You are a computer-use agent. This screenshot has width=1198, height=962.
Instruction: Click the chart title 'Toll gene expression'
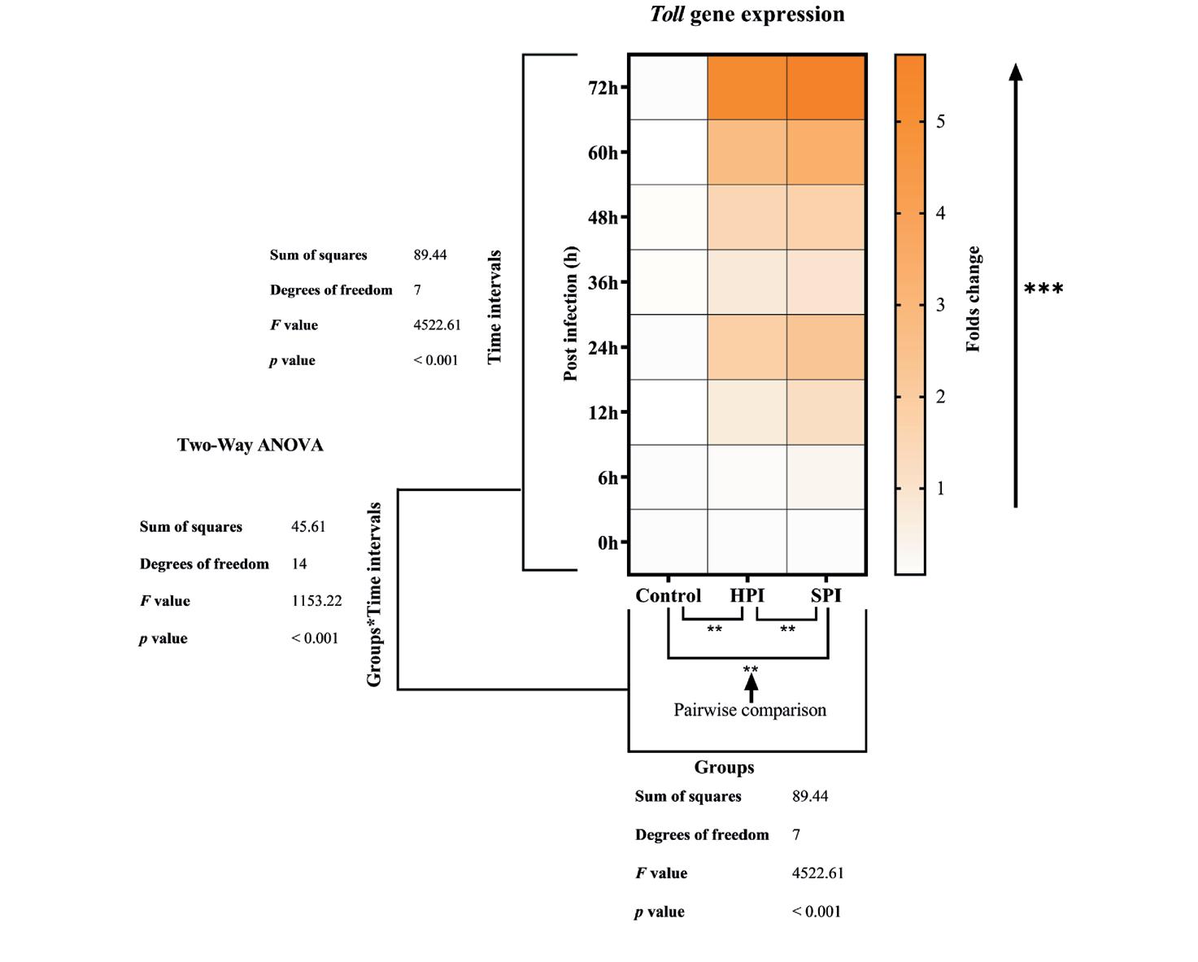coord(747,15)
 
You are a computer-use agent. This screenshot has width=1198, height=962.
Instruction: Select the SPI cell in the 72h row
coord(826,88)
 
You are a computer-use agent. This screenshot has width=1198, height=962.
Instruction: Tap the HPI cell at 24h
coord(747,347)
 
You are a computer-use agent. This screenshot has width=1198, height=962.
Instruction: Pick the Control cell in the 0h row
coord(668,542)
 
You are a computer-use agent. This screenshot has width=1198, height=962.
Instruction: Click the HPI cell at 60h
coord(747,153)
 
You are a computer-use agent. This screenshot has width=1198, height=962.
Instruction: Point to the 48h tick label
coord(603,218)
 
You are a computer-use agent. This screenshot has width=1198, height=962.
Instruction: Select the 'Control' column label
coord(668,595)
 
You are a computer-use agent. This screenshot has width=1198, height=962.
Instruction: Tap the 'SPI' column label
coord(826,595)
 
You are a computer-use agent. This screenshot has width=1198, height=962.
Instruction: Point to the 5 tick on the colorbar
coord(940,121)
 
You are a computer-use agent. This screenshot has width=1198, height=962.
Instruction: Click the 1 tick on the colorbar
coord(940,489)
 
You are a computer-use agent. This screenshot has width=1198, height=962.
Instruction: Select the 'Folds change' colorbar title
coord(973,299)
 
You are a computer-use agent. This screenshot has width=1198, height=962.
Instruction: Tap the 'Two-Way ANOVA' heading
coord(250,445)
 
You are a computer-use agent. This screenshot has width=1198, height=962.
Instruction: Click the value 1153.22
coord(316,601)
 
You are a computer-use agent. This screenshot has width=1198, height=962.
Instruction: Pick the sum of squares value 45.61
coord(308,526)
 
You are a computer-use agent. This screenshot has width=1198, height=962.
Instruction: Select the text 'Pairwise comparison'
coord(750,710)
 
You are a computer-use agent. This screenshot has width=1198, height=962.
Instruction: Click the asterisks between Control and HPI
coord(714,629)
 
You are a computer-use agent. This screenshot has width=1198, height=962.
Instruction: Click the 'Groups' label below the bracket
coord(724,767)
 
